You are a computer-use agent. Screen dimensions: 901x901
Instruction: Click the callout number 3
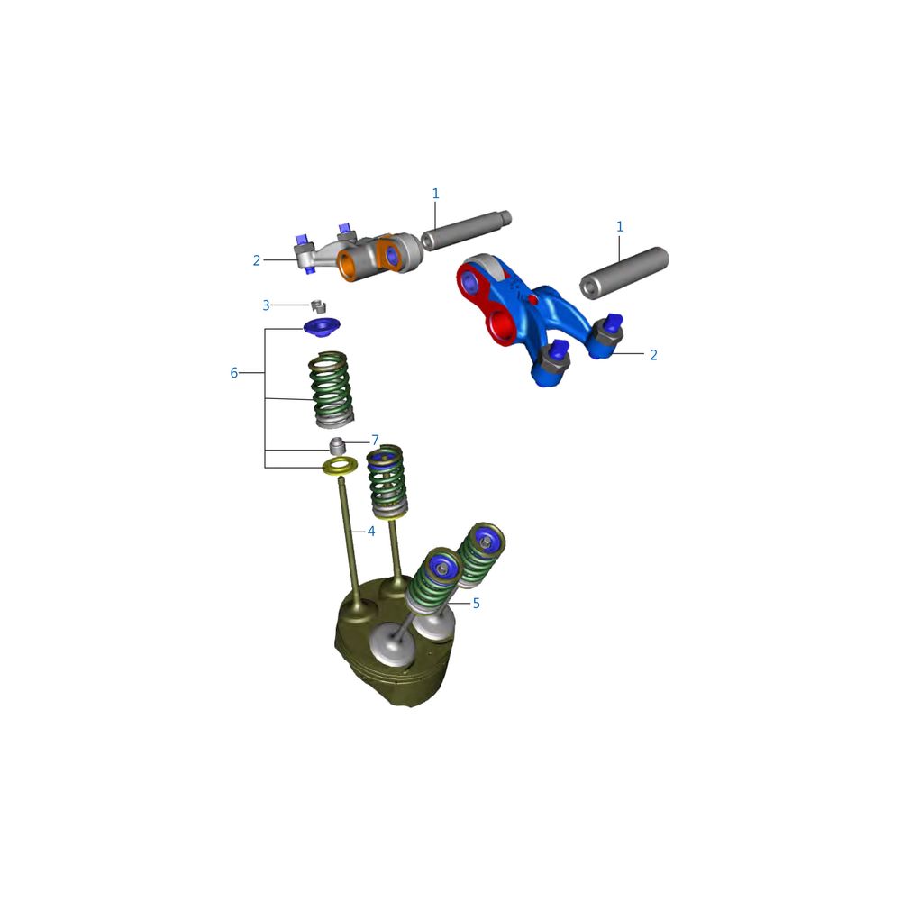coord(266,305)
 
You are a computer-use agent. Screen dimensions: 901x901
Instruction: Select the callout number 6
coord(234,373)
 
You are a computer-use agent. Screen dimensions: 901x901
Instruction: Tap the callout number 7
coord(375,441)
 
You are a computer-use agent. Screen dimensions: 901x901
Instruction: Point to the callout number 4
coord(371,532)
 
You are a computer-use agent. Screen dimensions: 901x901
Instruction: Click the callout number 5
coord(476,604)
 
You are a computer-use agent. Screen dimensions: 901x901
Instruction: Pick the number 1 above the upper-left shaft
coord(435,194)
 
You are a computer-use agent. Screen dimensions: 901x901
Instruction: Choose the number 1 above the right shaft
coord(620,227)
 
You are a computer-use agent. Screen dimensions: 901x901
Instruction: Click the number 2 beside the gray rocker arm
coord(257,260)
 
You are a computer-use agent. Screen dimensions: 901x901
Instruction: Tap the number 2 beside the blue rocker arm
coord(653,355)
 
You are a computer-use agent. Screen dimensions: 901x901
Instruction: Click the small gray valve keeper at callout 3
coord(318,305)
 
